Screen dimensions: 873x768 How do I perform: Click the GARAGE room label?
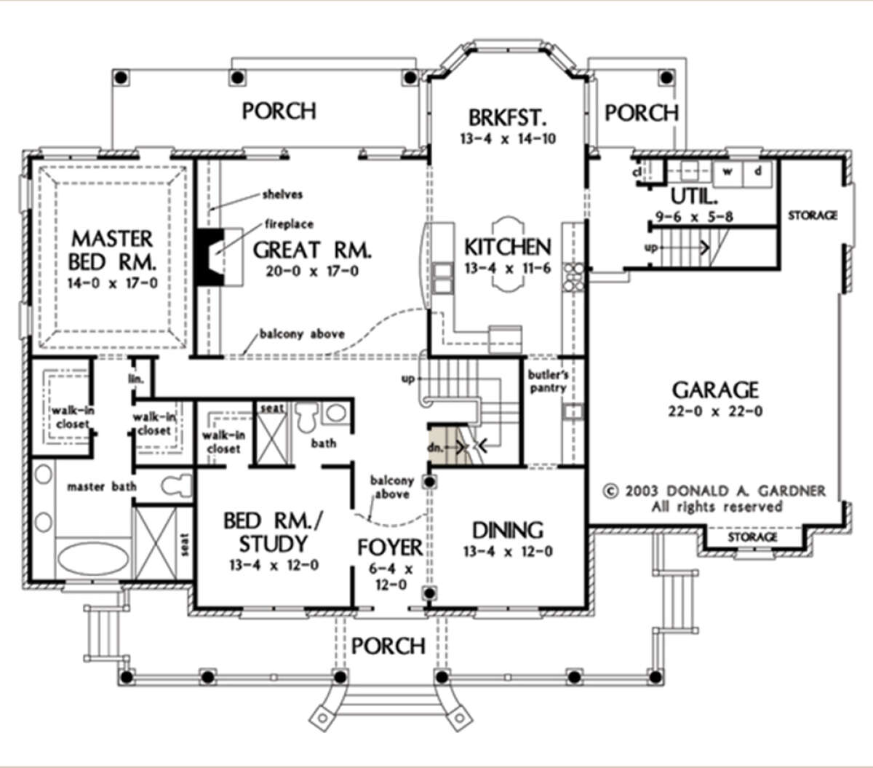[715, 389]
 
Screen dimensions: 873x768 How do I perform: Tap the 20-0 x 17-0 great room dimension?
[312, 271]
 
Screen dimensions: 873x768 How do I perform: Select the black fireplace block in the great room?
[210, 256]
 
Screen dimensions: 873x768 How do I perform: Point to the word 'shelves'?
[283, 194]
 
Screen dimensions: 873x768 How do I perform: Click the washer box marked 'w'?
[727, 173]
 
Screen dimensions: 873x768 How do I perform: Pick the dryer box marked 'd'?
[757, 173]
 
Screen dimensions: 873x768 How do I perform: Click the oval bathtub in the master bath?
[93, 558]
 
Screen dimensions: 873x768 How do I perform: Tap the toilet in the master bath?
[177, 486]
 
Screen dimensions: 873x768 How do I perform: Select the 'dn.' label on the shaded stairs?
[435, 448]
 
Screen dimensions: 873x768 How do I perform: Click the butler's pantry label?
[548, 381]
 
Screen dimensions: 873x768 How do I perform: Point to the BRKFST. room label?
[508, 117]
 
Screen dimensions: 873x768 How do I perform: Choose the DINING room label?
[508, 531]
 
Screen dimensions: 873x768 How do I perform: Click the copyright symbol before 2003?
[611, 491]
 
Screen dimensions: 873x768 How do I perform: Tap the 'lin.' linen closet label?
[136, 379]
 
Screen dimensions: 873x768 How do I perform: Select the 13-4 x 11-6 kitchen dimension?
[508, 268]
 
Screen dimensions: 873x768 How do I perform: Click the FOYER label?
[390, 547]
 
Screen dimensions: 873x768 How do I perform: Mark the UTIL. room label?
[694, 197]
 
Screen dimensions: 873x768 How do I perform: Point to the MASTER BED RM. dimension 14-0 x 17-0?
[113, 283]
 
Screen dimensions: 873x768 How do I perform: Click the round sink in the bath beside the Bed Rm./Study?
[335, 413]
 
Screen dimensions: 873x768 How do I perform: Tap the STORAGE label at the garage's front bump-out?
[752, 537]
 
